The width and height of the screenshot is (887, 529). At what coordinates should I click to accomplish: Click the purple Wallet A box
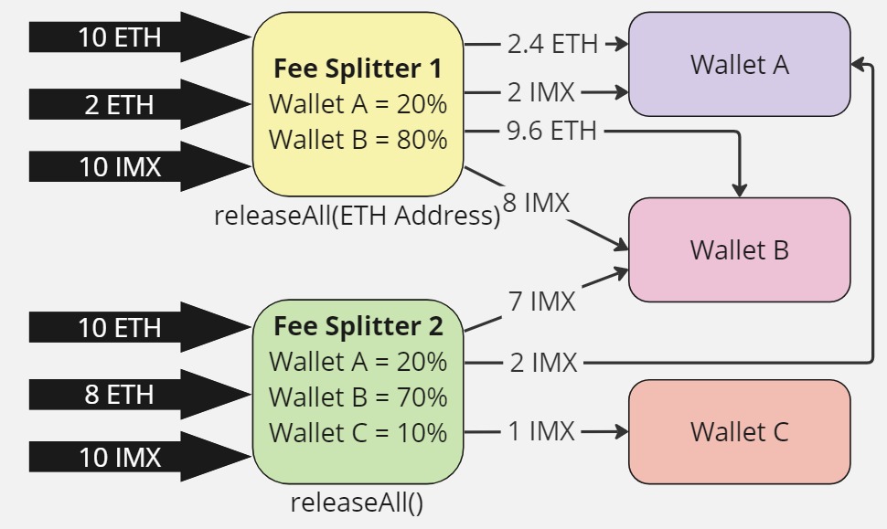coord(739,65)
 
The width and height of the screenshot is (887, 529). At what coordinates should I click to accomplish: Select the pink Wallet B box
coord(739,249)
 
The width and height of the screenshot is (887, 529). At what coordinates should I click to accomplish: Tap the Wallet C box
coord(739,431)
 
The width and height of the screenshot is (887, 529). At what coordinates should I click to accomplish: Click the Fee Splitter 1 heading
coord(358,69)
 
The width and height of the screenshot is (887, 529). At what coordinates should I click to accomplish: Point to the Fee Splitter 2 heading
coord(358,326)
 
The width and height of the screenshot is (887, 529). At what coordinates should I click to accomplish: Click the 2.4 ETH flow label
coord(552,43)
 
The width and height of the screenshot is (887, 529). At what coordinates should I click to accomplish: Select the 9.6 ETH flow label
coord(551,132)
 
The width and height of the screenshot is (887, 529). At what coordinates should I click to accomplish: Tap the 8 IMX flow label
coord(536,203)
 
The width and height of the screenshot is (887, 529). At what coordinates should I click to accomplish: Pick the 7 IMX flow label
coord(542,301)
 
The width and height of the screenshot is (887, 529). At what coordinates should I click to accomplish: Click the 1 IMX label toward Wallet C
coord(541,431)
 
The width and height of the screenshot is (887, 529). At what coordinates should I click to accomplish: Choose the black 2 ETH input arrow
coord(119,104)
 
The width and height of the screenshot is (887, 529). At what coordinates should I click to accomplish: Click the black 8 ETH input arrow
coord(119,395)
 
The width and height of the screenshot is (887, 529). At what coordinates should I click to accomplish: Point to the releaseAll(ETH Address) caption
coord(358,216)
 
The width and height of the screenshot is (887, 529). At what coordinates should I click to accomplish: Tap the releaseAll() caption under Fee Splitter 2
coord(358,502)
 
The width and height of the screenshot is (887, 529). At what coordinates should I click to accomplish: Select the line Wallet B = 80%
coord(358,140)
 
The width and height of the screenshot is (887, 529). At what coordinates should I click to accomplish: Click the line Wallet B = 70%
coord(358,397)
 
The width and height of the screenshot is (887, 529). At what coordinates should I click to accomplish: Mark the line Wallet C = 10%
coord(358,431)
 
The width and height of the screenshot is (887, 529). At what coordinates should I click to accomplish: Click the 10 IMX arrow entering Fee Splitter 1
coord(119,167)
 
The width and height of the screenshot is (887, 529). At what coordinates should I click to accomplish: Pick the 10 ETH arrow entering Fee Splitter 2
coord(119,327)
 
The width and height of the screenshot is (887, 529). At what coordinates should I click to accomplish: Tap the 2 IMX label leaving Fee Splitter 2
coord(543,363)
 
